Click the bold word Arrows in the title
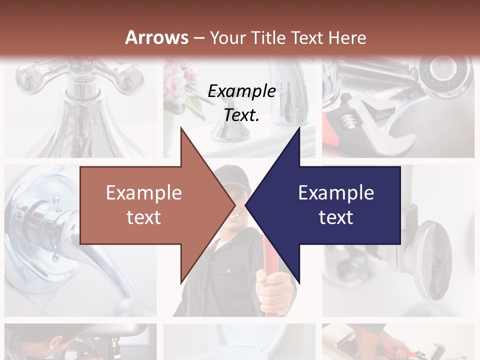pos(157,37)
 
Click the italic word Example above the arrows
pos(241,91)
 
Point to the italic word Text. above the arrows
pos(241,115)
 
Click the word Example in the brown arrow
pos(144,192)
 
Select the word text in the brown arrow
pos(144,217)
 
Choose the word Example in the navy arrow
pos(336,192)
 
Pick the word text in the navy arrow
pos(336,217)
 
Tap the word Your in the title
pos(225,37)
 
